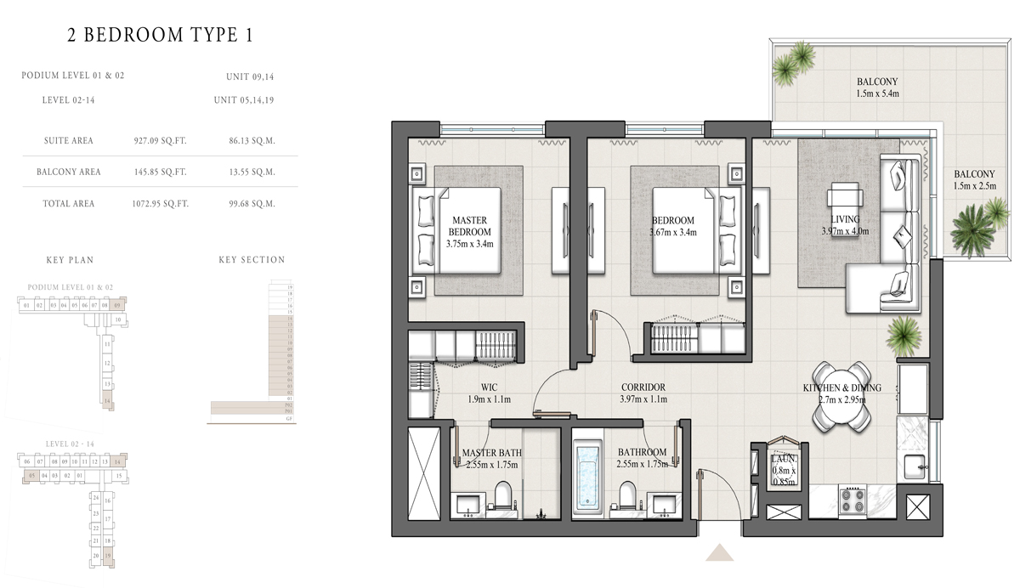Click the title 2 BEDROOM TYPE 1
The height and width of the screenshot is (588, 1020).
(160, 35)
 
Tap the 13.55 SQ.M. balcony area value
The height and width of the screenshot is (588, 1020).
(252, 172)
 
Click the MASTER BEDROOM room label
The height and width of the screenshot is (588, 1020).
(469, 226)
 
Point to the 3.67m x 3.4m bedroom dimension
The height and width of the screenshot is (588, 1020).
(673, 232)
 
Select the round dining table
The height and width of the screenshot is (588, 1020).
(841, 398)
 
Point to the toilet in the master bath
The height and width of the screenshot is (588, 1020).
(501, 496)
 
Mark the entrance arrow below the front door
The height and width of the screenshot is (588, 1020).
(719, 553)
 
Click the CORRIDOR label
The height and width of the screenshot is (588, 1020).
(643, 387)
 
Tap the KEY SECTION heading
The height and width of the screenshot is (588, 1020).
(252, 260)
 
